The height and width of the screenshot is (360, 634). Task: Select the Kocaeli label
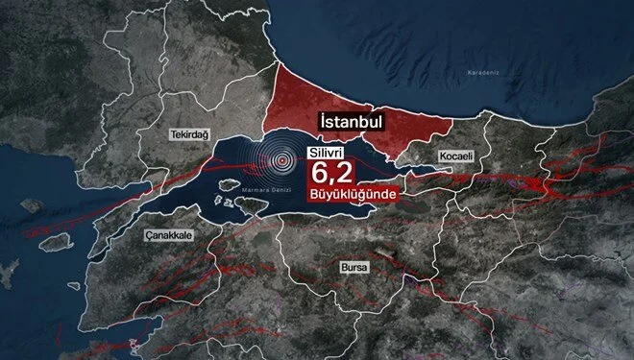pyautogui.click(x=437, y=155)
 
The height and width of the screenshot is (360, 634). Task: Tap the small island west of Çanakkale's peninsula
pyautogui.click(x=29, y=204)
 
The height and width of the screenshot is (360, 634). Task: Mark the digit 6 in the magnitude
pyautogui.click(x=317, y=174)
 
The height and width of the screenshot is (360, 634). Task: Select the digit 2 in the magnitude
pyautogui.click(x=345, y=174)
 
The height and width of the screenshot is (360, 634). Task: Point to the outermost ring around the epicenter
pyautogui.click(x=262, y=161)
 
